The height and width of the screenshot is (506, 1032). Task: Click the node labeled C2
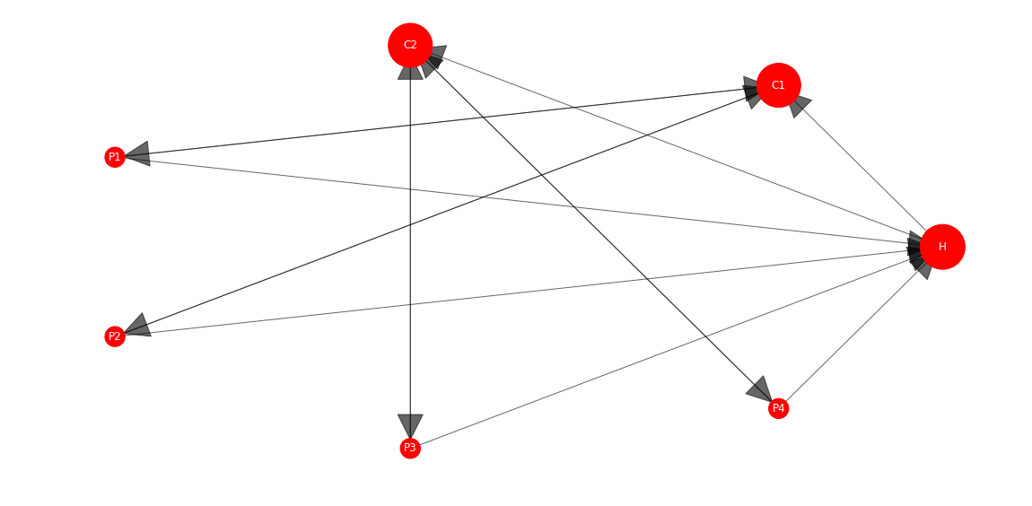coord(410,46)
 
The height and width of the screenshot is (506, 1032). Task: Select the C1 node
coord(779,85)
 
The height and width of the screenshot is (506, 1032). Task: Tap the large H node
coord(942,247)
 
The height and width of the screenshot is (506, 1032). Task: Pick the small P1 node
coord(115,157)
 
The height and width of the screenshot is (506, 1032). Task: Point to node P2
coord(115,337)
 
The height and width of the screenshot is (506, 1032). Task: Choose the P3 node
coord(410,449)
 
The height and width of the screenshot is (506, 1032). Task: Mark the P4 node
coord(779,408)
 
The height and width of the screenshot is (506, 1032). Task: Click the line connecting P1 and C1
coord(441,122)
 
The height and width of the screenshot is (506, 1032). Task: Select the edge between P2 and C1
coord(441,213)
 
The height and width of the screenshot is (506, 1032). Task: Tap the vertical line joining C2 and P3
coord(410,253)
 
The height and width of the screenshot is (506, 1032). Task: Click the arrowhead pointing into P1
coord(137,154)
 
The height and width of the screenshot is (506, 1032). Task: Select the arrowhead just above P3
coord(410,426)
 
